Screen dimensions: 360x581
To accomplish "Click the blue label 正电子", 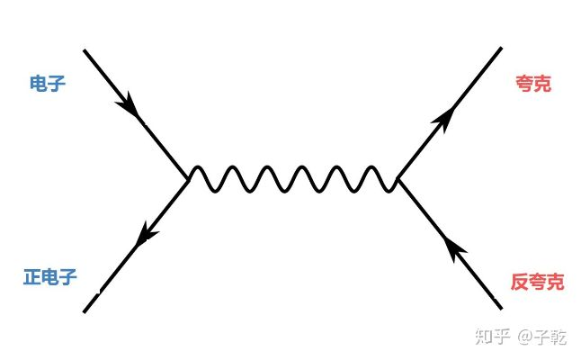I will tap(49, 278).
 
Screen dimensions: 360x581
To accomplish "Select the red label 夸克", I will tap(533, 85).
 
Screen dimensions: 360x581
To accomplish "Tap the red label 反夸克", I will tap(537, 283).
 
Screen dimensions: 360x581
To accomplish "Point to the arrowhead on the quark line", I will tap(442, 116).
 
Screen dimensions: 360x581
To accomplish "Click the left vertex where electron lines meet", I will tap(187, 179).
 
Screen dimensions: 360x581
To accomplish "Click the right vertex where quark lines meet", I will tap(397, 179).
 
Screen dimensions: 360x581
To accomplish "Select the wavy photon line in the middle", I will tap(292, 179).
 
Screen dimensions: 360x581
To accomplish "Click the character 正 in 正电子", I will tap(31, 278).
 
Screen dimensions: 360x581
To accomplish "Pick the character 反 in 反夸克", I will tap(519, 283).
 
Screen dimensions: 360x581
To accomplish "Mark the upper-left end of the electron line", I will tap(85, 51).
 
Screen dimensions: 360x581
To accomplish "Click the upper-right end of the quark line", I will tap(501, 48).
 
